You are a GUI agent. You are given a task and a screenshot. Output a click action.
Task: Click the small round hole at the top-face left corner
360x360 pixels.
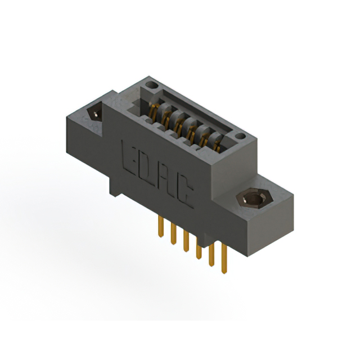pyautogui.click(x=150, y=85)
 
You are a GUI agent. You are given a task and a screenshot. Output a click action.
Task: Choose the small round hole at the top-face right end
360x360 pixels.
pyautogui.click(x=241, y=136)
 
